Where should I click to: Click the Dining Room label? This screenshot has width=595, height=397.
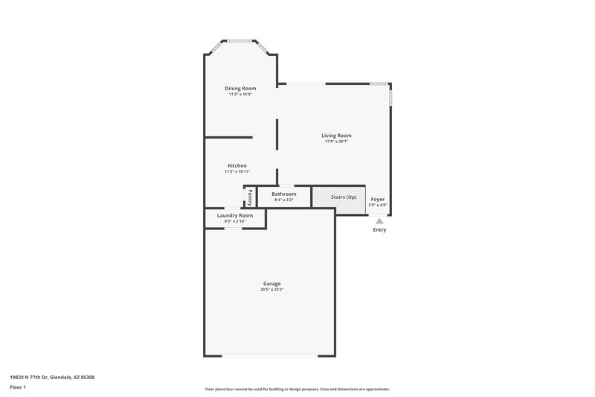coord(240,88)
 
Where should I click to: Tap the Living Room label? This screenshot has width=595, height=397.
coord(336,136)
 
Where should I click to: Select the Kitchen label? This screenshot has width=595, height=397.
coord(237,165)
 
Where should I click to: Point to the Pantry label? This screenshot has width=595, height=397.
coord(250,197)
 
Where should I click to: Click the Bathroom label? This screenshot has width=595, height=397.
coord(283,194)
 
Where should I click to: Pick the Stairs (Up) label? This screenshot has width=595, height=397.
coord(344,197)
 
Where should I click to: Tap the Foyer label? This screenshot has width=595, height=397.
coord(378,199)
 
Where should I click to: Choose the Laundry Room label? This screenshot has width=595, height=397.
coord(235,215)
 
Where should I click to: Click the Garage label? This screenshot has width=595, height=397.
coord(271,283)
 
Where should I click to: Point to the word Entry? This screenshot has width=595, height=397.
coord(379,229)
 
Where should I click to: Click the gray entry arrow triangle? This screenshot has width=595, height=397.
coord(379,220)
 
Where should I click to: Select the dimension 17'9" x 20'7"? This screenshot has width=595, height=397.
coord(336,142)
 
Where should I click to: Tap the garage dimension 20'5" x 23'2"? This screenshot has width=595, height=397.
coord(271,289)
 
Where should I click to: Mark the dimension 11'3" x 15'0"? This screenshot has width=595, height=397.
coord(240,94)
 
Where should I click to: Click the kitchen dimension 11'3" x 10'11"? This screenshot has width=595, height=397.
coord(237,171)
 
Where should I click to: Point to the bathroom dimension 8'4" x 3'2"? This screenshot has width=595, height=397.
coord(283,200)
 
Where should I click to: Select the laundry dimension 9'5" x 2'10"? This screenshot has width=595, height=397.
coord(235,221)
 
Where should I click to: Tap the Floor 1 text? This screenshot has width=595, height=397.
coord(19,387)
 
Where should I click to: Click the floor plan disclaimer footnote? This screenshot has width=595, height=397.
coord(297,389)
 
